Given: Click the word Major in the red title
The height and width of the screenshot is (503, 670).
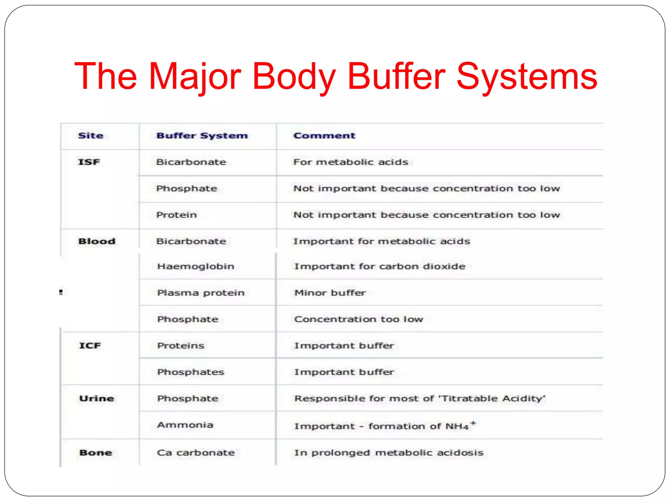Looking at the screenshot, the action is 195,77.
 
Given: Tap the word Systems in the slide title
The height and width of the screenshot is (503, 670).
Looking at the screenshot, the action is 527,77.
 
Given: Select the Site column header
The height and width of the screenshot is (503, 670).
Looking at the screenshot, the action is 91,136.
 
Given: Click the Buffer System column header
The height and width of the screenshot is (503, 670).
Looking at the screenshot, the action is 202,136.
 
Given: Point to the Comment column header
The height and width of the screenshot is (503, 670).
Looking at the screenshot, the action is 324,136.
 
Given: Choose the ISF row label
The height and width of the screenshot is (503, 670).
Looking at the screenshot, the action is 89,162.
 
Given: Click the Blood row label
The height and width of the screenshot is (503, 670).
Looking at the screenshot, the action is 97,241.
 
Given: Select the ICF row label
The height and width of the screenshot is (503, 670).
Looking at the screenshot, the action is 90,346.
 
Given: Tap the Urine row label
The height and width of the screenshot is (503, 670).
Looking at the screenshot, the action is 97,399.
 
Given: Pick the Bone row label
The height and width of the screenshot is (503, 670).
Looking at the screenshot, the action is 96,453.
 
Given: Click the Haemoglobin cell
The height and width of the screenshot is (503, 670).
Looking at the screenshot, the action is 196,267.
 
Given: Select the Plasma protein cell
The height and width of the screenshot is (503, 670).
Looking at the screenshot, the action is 201,293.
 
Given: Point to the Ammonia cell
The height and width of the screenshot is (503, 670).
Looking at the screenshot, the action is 185,425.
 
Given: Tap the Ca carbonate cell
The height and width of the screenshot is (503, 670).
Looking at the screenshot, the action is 196,453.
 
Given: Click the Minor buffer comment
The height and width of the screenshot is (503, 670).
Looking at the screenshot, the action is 330,293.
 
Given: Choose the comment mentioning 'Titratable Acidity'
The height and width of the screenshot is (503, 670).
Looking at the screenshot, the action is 420,399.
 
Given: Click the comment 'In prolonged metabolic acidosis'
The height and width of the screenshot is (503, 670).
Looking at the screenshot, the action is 389,453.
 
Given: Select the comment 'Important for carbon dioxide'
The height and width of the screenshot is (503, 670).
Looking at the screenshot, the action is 379,267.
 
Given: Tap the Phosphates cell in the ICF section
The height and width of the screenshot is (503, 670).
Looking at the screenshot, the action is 191,372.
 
